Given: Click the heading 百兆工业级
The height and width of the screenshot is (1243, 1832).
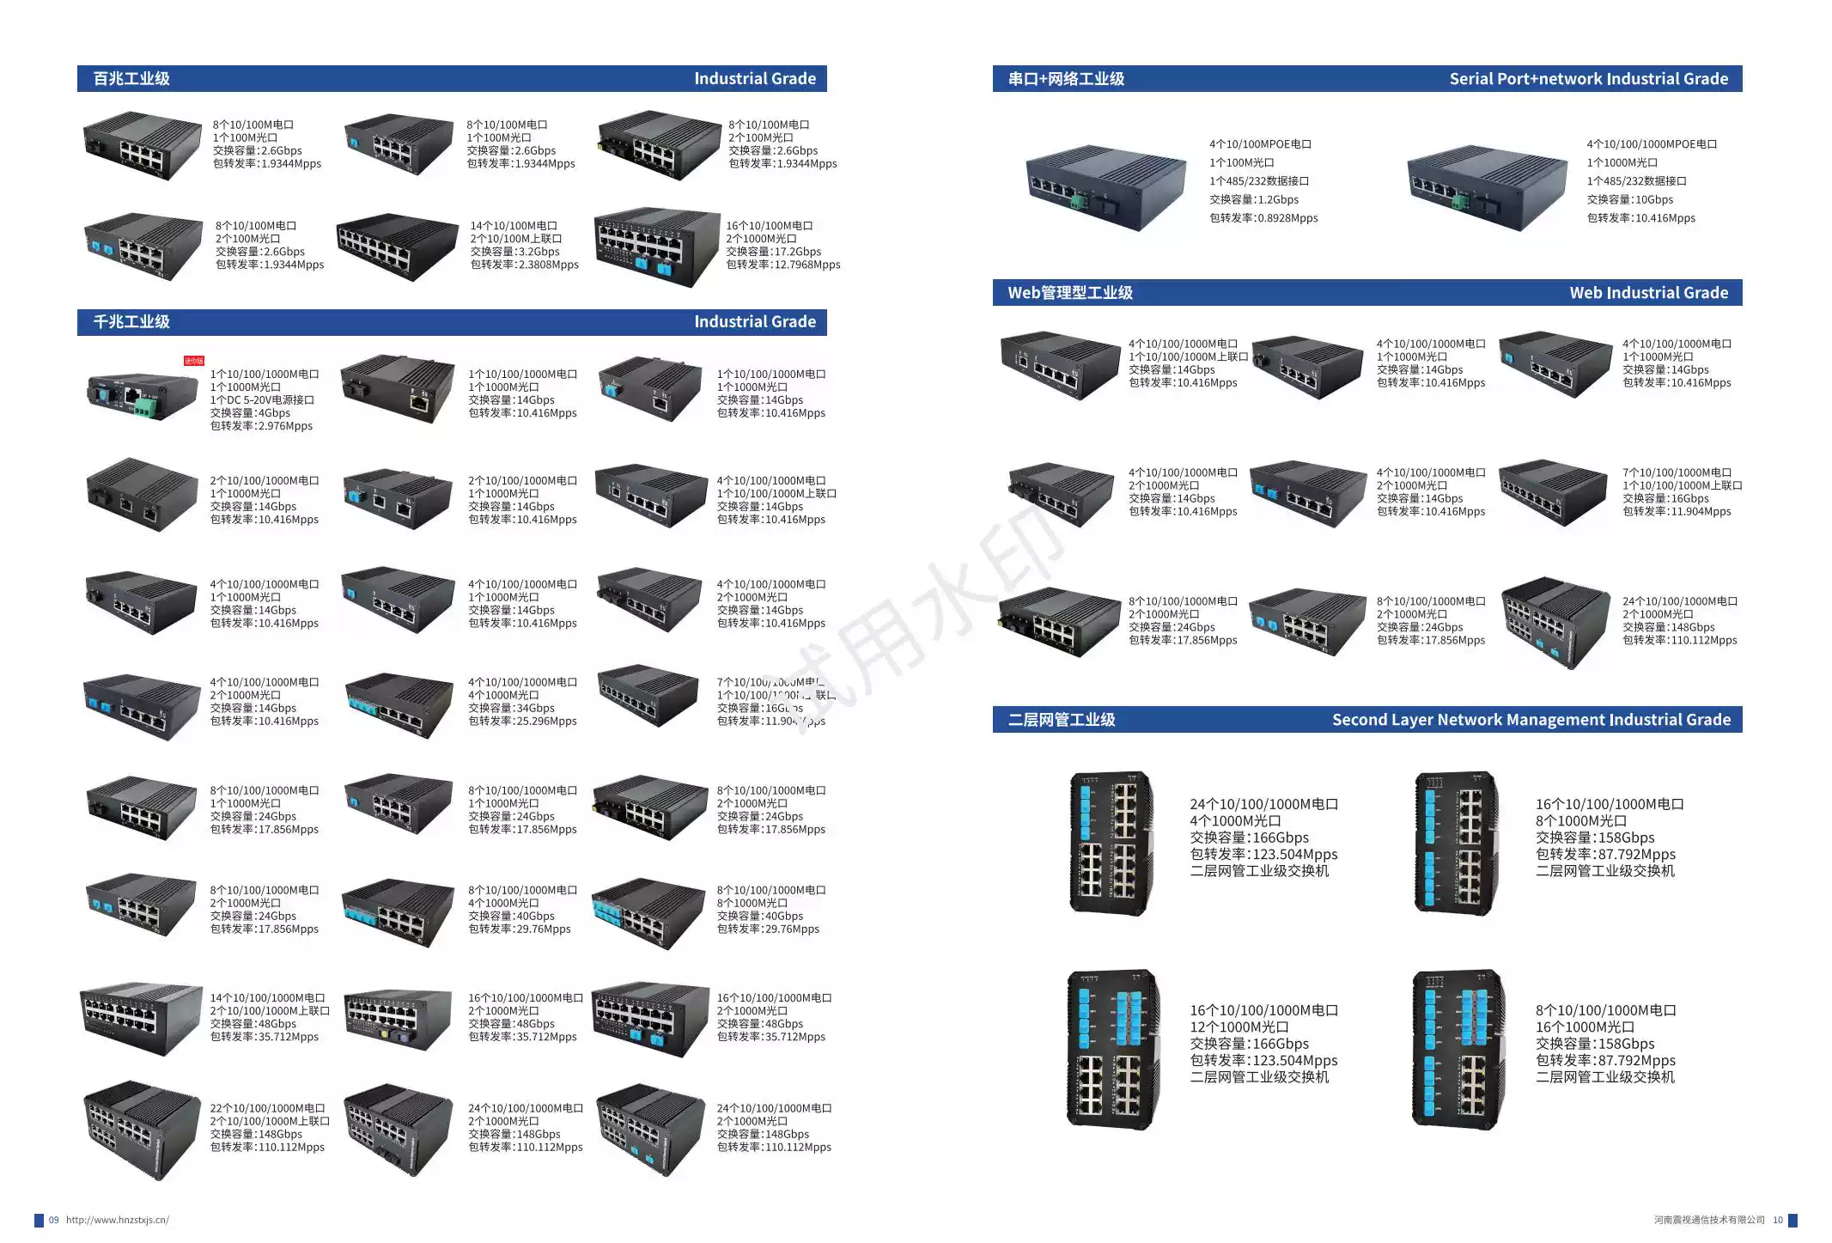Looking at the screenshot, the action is (x=131, y=79).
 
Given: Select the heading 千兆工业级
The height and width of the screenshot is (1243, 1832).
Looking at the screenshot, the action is (x=131, y=322).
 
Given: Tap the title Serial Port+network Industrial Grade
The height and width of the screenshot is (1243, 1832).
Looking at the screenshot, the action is (x=1588, y=79).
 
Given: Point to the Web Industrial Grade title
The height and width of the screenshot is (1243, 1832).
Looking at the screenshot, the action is (x=1648, y=293).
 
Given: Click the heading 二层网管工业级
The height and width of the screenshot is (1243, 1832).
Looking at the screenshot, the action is (x=1062, y=720).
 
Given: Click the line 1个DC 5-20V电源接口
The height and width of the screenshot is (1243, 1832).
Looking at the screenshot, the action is (x=262, y=400).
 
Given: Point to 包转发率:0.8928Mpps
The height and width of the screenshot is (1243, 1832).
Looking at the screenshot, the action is (x=1263, y=218).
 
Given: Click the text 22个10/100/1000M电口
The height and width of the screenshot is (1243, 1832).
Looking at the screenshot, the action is (x=267, y=1108).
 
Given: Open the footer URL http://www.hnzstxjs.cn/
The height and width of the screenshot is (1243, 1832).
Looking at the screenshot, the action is (x=118, y=1220).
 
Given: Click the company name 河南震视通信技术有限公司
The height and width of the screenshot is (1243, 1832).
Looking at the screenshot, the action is (x=1708, y=1220).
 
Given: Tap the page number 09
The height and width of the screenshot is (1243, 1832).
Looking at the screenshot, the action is (x=54, y=1220).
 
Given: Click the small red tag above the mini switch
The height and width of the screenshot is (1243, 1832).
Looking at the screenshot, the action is (x=194, y=361).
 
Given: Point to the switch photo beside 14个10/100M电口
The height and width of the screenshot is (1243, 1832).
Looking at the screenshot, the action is (x=397, y=247).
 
